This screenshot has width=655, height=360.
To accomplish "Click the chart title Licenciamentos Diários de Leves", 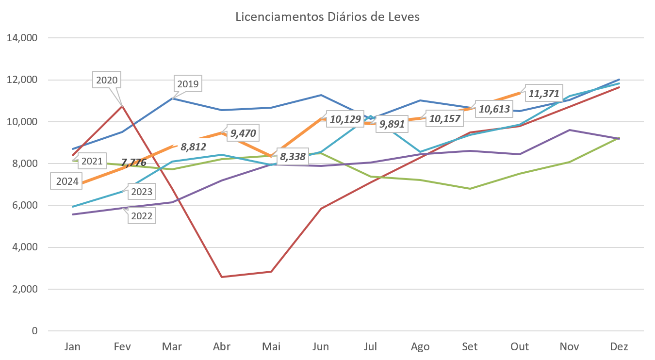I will point(327,17).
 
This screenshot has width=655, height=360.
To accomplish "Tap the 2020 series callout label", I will point(107,80).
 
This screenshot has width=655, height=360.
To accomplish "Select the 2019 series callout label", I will point(188,84).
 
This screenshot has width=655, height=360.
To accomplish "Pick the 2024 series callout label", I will point(67,182).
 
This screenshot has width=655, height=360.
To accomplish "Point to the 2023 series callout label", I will point(141,192).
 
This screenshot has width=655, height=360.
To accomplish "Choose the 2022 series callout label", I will point(142,216).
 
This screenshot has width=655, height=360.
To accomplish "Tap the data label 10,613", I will point(494,109).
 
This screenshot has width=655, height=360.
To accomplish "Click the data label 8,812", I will point(191,146).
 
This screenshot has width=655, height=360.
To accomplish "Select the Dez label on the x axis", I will point(619,346).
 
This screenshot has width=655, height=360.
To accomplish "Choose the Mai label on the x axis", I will point(271,346).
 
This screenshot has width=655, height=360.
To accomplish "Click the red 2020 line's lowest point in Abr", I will point(222,277).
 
